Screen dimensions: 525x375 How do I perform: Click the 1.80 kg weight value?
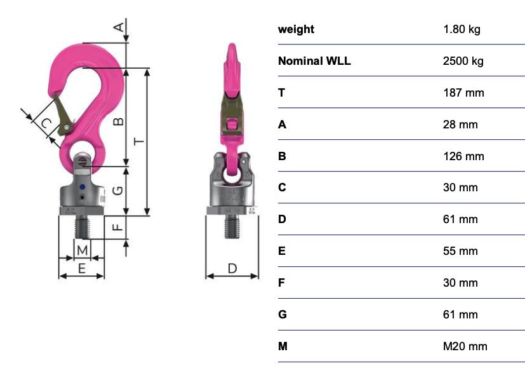462,29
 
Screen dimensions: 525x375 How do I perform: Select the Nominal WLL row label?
314,61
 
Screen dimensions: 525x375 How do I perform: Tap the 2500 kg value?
463,61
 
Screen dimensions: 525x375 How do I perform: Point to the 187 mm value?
463,93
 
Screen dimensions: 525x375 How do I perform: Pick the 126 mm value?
463,156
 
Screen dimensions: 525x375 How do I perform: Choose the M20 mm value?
465,346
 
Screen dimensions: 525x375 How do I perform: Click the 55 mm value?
460,251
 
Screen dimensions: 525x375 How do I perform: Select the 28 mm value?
460,125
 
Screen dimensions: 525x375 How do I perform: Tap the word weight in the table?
296,29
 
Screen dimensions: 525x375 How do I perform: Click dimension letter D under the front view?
232,268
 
